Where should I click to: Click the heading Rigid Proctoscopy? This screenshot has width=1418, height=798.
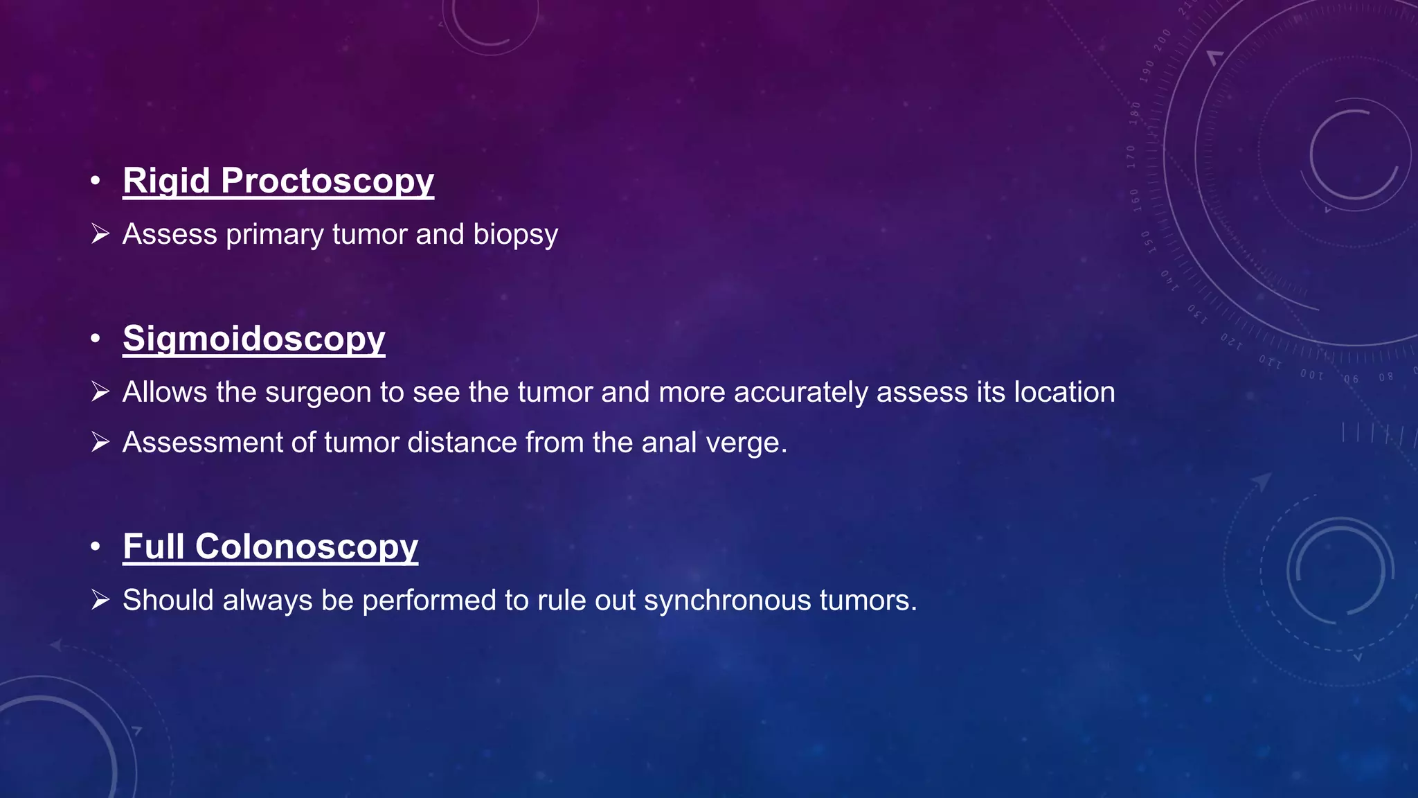(x=278, y=181)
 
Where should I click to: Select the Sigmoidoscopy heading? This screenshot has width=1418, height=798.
(x=253, y=339)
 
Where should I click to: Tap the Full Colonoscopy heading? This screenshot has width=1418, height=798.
(x=270, y=547)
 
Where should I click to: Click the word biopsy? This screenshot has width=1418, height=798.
(x=515, y=235)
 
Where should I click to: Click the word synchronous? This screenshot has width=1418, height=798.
(x=727, y=601)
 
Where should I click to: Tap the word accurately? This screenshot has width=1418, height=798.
(x=800, y=393)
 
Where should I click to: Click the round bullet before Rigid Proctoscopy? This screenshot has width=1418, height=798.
(x=96, y=181)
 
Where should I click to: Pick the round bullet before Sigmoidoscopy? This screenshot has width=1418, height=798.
(x=96, y=339)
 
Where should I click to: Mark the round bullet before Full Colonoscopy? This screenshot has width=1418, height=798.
(x=96, y=547)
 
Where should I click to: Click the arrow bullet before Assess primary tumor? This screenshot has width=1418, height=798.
(x=100, y=234)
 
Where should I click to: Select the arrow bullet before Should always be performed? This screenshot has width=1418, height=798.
(x=100, y=600)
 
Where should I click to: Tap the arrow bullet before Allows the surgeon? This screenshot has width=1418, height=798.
(x=100, y=392)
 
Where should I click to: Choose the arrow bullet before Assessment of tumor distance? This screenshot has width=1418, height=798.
(x=100, y=442)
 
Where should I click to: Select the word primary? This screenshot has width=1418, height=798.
(x=275, y=235)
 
